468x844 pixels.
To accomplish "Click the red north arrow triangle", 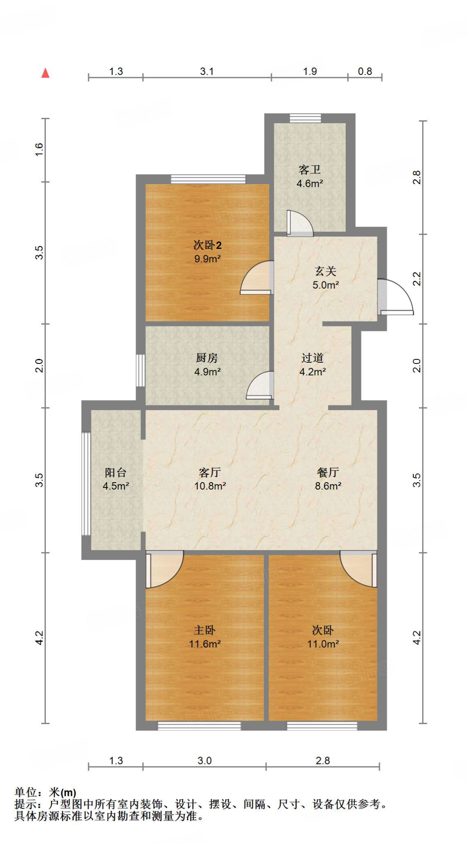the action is pos(45,73).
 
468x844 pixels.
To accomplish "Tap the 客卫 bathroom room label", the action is pos(309,169).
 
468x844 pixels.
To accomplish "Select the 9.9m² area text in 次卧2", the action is pos(208,259).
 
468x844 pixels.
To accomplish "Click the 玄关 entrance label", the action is pos(325,271).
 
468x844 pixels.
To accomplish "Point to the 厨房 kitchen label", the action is pos(207,358).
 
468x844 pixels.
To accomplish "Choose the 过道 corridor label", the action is pos(312,358).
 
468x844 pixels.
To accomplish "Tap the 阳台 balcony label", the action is pos(115,472).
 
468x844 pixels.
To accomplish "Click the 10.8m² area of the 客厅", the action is pos(210,486).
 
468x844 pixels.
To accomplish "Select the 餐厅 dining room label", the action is pos(328,472).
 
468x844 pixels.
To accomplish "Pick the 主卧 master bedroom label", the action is pos(205,630).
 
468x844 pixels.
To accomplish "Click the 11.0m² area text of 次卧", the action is pos(323,644).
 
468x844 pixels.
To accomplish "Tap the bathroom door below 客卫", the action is pos(300,224).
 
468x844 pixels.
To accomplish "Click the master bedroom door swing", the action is pos(164,569).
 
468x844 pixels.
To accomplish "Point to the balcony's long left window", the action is pos(86,483).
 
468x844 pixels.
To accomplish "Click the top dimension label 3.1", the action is pos(207,71).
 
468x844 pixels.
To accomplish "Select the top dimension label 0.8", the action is pos(365,71).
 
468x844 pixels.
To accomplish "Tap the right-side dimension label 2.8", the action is pos(417,177).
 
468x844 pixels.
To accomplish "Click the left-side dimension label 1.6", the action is pos(39,149).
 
